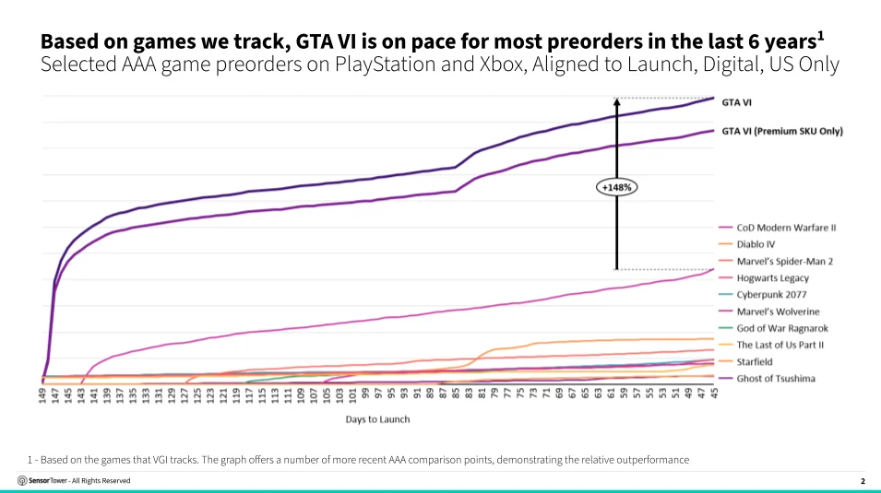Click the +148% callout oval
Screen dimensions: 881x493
point(616,187)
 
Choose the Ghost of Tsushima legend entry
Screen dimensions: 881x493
point(767,379)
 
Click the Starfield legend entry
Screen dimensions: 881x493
point(745,361)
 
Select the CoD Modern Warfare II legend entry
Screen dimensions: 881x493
point(778,228)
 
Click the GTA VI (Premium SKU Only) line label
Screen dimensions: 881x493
point(782,132)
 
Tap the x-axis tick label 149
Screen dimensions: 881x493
point(42,395)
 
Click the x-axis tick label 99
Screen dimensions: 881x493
point(365,393)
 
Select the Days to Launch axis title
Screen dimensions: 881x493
point(377,419)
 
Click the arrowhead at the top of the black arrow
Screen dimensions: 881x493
point(616,101)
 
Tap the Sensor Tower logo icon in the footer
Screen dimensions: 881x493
point(22,481)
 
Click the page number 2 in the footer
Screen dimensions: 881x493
point(863,481)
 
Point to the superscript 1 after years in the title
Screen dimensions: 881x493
point(821,36)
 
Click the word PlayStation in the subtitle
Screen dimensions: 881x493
point(386,65)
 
